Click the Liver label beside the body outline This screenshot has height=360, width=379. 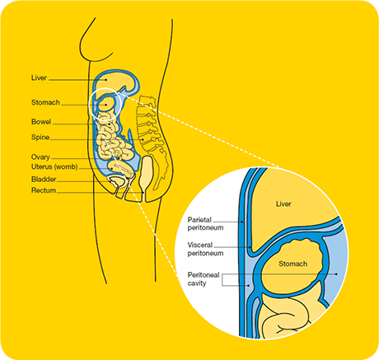(x=39, y=77)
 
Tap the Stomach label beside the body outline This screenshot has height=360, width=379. (x=45, y=102)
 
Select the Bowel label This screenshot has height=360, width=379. (x=41, y=122)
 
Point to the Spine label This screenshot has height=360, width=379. (x=40, y=137)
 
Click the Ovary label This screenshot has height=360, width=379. (x=40, y=157)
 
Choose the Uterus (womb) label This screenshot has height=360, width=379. (x=54, y=167)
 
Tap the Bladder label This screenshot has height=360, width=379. (x=44, y=180)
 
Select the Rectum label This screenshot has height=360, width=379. (x=44, y=190)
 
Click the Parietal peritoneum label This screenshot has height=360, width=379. (x=205, y=224)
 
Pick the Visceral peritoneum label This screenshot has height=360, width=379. (x=205, y=249)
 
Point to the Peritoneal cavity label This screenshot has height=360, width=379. (x=204, y=279)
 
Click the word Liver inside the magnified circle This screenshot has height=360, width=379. (x=283, y=203)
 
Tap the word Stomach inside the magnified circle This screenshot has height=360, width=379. (x=292, y=264)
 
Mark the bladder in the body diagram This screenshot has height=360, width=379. (x=117, y=181)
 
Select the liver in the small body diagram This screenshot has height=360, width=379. (x=115, y=81)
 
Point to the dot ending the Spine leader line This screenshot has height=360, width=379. (x=143, y=140)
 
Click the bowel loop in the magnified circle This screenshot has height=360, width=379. (x=288, y=311)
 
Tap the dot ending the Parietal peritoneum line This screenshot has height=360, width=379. (x=241, y=222)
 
